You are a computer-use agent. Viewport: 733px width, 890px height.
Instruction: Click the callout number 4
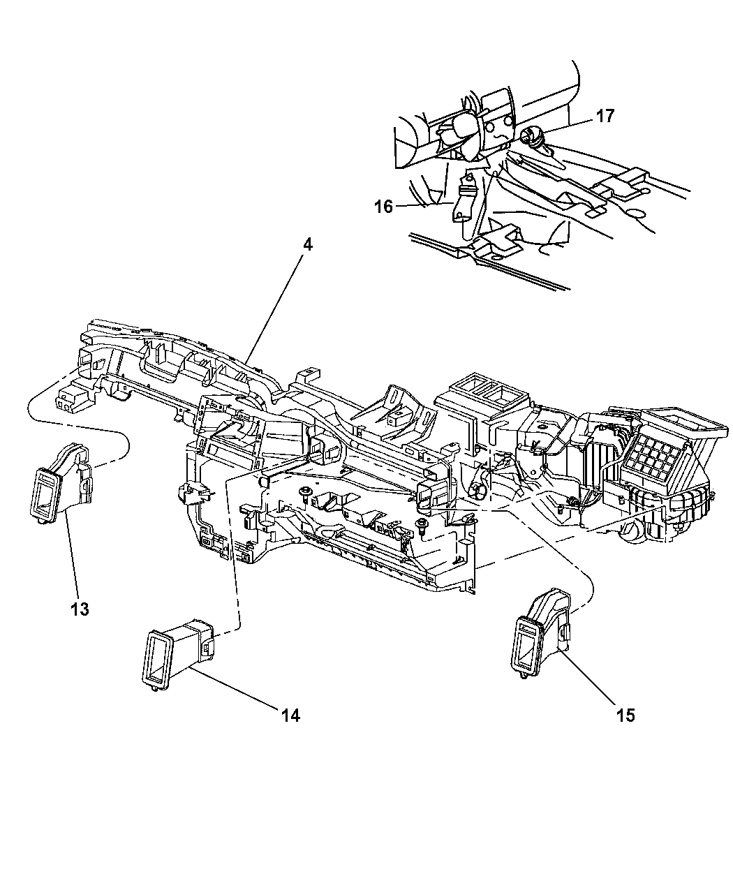pyautogui.click(x=308, y=246)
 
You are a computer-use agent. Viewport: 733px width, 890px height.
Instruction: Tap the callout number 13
pyautogui.click(x=80, y=609)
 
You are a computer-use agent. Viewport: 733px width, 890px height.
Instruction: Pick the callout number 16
pyautogui.click(x=383, y=207)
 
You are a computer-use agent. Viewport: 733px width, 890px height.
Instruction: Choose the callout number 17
pyautogui.click(x=605, y=116)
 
